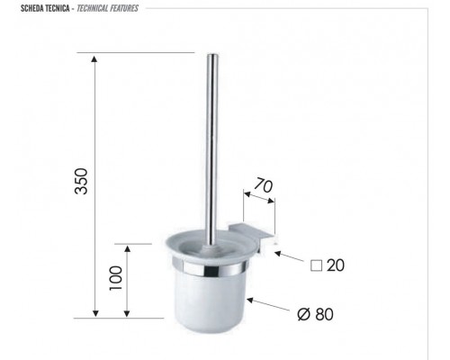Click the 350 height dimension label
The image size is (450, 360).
(81, 181)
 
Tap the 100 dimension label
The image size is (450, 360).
(116, 278)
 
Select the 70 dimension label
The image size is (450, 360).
(264, 185)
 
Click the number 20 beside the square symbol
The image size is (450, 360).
(336, 265)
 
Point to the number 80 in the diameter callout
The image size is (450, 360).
(325, 314)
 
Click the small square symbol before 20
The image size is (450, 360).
(316, 265)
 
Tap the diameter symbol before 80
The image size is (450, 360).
(303, 314)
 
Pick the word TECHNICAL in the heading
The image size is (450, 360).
(93, 8)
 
